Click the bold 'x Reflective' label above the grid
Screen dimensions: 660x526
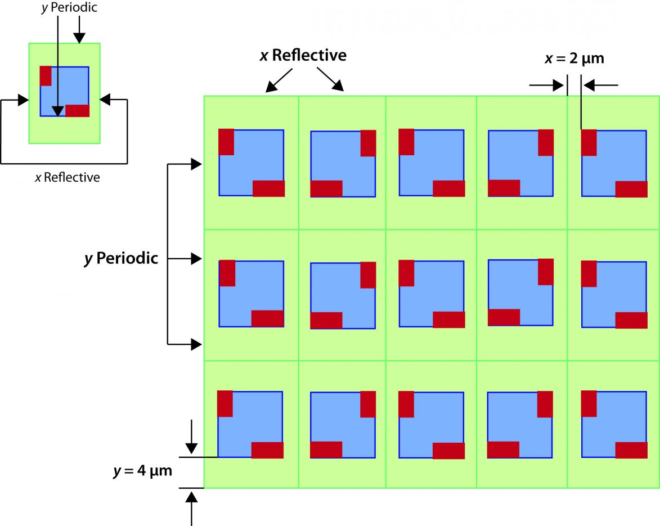pyautogui.click(x=303, y=55)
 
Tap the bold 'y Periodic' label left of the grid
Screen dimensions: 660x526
pyautogui.click(x=121, y=258)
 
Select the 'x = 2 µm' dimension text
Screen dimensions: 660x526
pyautogui.click(x=574, y=58)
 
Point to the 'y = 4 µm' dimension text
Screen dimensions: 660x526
pyautogui.click(x=143, y=470)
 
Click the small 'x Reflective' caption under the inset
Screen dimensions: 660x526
pyautogui.click(x=68, y=177)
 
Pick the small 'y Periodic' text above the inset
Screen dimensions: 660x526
pyautogui.click(x=69, y=7)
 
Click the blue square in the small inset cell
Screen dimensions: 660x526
pyautogui.click(x=64, y=91)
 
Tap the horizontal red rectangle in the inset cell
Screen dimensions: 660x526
pyautogui.click(x=78, y=111)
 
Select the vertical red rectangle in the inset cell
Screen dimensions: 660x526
pyautogui.click(x=46, y=76)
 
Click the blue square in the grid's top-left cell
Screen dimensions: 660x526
pyautogui.click(x=252, y=163)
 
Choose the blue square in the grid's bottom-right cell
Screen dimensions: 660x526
pyautogui.click(x=614, y=424)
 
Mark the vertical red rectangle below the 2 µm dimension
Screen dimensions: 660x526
pyautogui.click(x=589, y=143)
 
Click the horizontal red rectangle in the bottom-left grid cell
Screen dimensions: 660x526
pyautogui.click(x=267, y=450)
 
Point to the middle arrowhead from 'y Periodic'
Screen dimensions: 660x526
pyautogui.click(x=196, y=258)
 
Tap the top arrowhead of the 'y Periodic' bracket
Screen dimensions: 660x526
pyautogui.click(x=196, y=164)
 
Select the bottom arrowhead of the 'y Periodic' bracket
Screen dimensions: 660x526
pyautogui.click(x=196, y=344)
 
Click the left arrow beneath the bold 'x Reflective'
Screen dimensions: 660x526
pyautogui.click(x=279, y=80)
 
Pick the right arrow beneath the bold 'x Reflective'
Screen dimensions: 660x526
pyautogui.click(x=330, y=79)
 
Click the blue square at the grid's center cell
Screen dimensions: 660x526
pyautogui.click(x=432, y=294)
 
